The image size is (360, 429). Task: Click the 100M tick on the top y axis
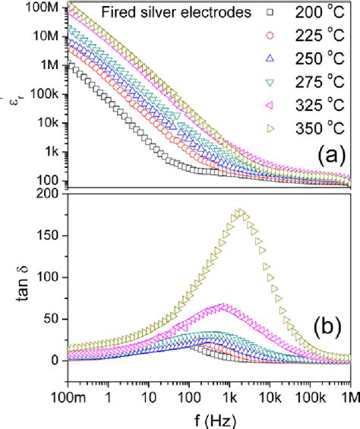47,8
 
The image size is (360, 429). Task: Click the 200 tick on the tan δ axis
51,194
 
